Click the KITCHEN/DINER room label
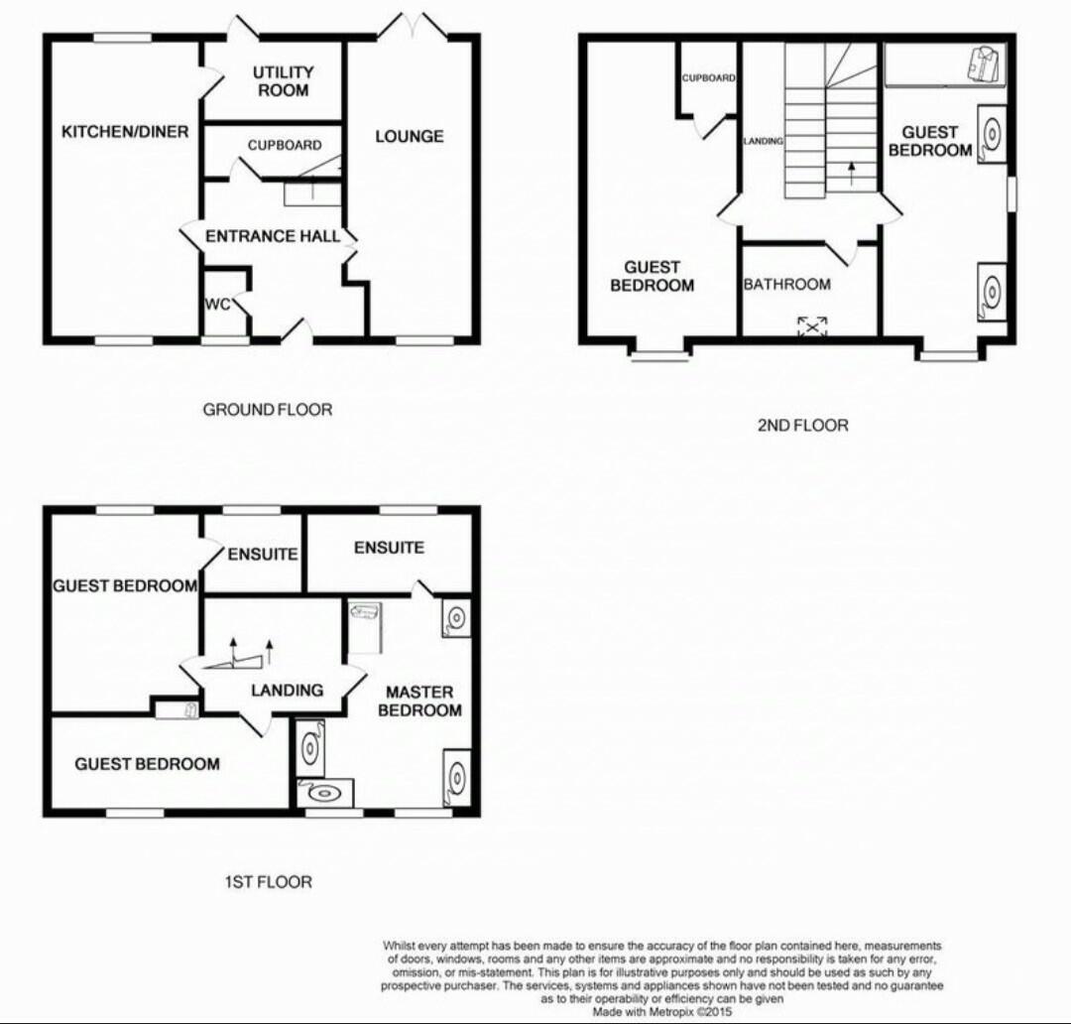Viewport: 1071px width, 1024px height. coord(125,131)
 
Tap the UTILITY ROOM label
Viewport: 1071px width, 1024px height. coord(283,81)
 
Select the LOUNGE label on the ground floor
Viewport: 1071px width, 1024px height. coord(409,136)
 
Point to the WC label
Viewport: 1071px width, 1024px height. coord(218,304)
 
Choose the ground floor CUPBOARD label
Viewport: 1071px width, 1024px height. coord(285,145)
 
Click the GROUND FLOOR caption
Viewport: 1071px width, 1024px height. coord(268,409)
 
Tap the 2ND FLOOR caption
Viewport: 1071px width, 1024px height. coord(802,425)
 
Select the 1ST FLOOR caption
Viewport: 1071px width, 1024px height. coord(268,881)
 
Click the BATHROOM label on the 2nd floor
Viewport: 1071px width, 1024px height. coord(787,285)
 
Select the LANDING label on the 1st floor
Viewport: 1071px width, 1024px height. coord(287,690)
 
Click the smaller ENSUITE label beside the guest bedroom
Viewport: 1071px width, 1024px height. coord(263,555)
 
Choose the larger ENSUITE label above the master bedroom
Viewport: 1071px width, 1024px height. coord(389,547)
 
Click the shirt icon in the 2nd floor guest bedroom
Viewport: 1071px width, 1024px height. coord(982,64)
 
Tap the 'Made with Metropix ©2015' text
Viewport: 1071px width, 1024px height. coord(662,1013)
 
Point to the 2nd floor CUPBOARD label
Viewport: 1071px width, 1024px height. coord(708,77)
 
